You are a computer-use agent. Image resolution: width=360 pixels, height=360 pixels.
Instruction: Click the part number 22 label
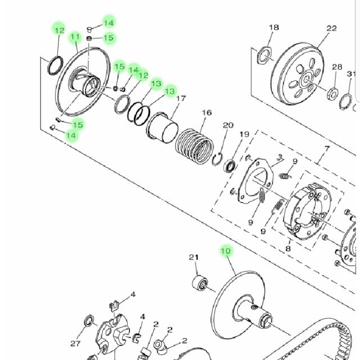(x=331, y=29)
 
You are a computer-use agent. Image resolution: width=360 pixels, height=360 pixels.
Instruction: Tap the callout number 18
(x=274, y=28)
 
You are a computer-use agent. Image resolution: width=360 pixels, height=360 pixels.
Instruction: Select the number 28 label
(x=337, y=67)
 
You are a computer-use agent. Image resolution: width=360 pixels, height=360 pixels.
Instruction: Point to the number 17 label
(x=181, y=98)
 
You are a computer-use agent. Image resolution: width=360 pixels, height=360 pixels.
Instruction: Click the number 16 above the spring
(x=206, y=112)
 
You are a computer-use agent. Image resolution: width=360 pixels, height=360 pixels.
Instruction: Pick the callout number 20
(x=228, y=125)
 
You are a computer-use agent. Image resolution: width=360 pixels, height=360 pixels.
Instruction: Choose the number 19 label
(x=244, y=134)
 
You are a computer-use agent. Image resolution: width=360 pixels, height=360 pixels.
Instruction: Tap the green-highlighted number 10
(x=226, y=250)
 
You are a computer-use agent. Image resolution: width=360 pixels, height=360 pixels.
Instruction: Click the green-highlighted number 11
(x=75, y=37)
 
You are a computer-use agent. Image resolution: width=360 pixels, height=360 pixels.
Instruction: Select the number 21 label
(x=193, y=258)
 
